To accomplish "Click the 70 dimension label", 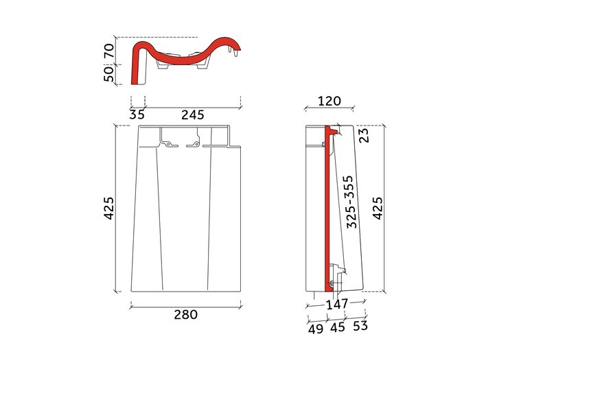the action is [x=109, y=51].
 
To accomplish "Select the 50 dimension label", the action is [x=109, y=74].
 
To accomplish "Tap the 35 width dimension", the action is [x=137, y=115].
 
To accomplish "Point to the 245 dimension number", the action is [x=193, y=115].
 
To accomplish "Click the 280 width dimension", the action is [x=185, y=315].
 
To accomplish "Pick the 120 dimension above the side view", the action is [x=330, y=101].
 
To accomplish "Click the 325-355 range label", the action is [x=350, y=202].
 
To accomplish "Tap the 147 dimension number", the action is [x=337, y=305].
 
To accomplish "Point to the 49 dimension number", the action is [x=316, y=329].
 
